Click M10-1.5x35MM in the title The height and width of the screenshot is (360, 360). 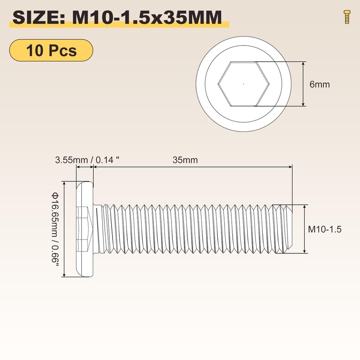(147, 18)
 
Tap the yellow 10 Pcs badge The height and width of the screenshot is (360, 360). (51, 50)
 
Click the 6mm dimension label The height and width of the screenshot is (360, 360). (319, 84)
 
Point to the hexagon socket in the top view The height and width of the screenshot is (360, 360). (243, 84)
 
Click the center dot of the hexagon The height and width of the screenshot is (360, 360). (243, 84)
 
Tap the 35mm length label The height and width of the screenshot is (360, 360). (185, 160)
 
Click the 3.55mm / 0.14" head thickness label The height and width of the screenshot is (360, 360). (87, 160)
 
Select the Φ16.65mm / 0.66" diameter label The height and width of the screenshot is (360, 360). (55, 229)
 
